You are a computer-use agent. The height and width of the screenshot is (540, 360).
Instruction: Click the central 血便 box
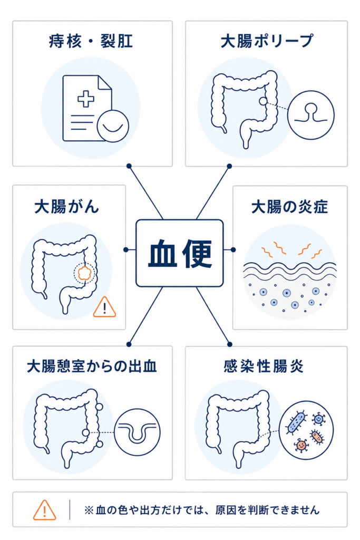pos(180,253)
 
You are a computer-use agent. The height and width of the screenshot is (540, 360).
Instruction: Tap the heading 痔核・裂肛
pos(91,41)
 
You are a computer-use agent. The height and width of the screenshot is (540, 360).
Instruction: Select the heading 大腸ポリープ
pos(267,41)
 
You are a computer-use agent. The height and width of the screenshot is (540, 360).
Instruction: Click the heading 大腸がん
pos(67,207)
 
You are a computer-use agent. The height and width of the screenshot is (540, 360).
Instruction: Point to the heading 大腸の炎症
pos(289,207)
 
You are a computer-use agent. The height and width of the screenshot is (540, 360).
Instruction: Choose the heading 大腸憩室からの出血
pos(92,366)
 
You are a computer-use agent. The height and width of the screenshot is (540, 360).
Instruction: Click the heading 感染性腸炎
pos(264,366)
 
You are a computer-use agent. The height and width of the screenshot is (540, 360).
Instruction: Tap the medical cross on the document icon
pos(86,99)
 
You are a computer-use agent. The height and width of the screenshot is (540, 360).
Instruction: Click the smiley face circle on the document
pos(113,126)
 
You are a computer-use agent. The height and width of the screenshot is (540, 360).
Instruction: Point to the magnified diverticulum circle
pos(137,432)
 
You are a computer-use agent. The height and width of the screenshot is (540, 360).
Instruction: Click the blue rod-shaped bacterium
pos(297,422)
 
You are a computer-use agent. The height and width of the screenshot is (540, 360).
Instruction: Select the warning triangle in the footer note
pos(44,510)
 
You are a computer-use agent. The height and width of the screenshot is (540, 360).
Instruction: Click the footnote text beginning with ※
pos(202,510)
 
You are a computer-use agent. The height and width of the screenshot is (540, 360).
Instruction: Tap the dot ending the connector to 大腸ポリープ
pos(229,166)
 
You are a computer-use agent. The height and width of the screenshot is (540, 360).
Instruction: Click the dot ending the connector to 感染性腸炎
pos(230,344)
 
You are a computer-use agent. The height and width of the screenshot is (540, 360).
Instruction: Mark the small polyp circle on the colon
pos(263,101)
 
